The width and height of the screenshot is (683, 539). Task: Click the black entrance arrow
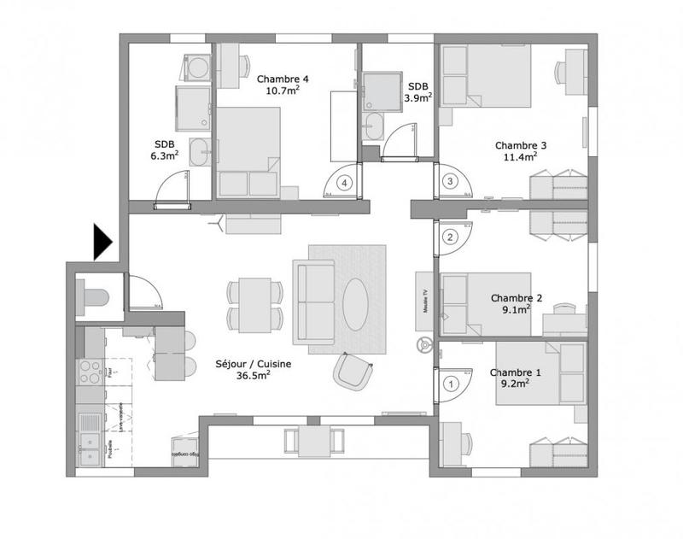(x=102, y=242)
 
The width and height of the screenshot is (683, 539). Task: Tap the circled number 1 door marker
(x=451, y=384)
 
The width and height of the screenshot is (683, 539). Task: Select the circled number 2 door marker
(x=451, y=237)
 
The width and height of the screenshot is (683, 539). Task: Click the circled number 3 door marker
(x=451, y=181)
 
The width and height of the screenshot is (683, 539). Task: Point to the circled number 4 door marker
(x=344, y=182)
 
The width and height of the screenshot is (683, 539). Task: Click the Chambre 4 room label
(x=283, y=85)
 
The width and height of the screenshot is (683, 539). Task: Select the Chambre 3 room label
(x=521, y=150)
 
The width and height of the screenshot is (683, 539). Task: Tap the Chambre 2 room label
(x=517, y=304)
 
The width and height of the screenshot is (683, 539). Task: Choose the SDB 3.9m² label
(x=418, y=92)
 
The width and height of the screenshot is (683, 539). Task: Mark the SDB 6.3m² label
(x=166, y=149)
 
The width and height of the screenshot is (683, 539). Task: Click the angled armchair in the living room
(x=353, y=371)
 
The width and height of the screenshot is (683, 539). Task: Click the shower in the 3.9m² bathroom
(x=377, y=91)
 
